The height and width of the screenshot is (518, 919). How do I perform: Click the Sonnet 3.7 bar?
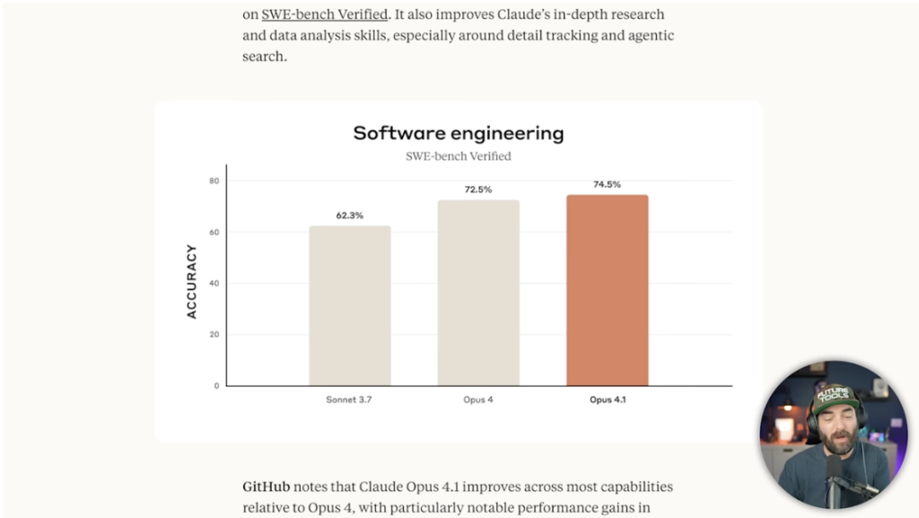click(x=350, y=306)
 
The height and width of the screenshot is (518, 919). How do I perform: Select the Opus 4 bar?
click(x=478, y=293)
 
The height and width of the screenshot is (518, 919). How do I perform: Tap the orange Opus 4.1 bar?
click(x=607, y=290)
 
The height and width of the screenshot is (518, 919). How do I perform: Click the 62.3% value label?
click(x=350, y=215)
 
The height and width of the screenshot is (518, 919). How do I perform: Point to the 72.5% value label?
click(x=478, y=189)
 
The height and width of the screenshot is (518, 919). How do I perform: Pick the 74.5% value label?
click(x=607, y=184)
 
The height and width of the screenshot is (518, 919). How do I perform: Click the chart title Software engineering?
click(x=458, y=134)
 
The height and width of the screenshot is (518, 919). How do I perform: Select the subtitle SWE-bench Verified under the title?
click(x=458, y=156)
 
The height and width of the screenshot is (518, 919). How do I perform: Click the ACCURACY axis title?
click(x=191, y=281)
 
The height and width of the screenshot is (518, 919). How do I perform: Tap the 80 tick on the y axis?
click(x=214, y=181)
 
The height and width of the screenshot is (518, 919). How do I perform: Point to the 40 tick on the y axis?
click(x=214, y=284)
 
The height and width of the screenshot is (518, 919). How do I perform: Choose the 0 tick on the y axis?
click(x=216, y=386)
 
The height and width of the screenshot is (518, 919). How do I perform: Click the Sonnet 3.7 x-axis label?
click(x=349, y=399)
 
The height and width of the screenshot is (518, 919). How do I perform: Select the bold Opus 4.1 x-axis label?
click(x=608, y=399)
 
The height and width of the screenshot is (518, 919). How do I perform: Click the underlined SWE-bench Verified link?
click(x=324, y=14)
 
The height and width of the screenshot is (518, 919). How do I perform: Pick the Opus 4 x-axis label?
click(x=478, y=399)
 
